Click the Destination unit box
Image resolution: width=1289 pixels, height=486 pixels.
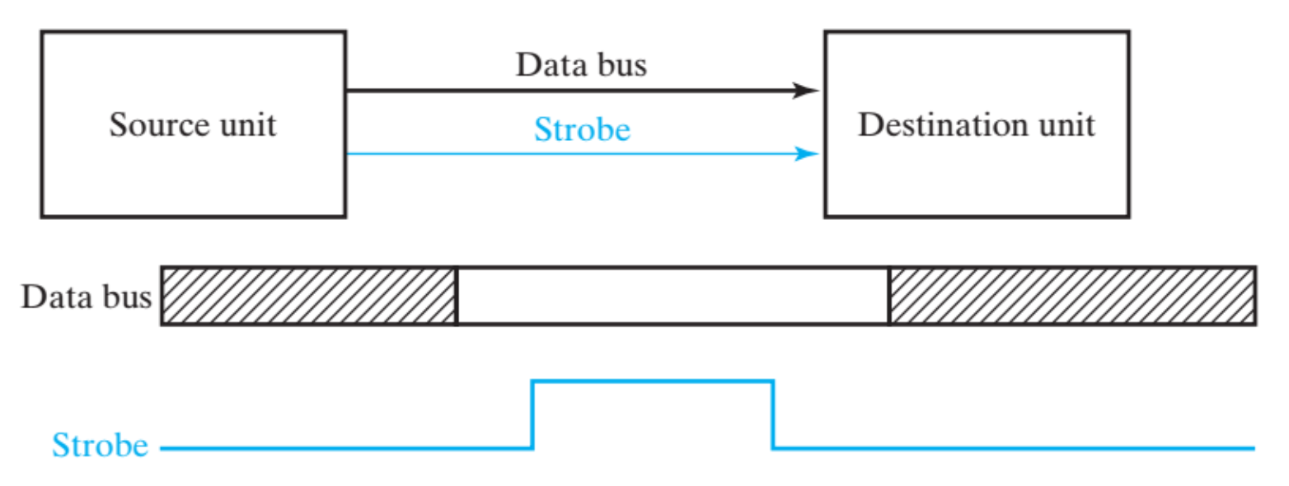(977, 177)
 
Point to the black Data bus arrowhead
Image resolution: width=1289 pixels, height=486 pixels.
(805, 90)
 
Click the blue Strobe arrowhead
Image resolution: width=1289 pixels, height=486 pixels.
(805, 153)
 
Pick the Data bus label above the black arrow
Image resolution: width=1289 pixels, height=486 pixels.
(581, 65)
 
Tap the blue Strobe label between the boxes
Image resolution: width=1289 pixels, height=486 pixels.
(582, 129)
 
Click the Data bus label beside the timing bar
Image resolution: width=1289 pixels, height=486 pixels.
(87, 297)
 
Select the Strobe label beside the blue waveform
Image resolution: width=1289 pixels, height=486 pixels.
(100, 446)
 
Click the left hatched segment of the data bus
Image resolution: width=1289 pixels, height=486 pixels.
(308, 296)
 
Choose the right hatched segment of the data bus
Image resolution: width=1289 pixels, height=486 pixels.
(1071, 296)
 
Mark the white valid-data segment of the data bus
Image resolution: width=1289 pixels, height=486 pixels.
(673, 296)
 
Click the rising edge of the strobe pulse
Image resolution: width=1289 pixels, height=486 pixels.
(533, 414)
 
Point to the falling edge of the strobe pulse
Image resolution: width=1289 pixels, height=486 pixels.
(772, 414)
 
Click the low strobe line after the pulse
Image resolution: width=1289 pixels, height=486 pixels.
(1014, 448)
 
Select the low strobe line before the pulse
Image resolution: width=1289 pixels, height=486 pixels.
(346, 448)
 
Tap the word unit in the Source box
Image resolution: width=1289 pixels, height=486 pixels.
(245, 125)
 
